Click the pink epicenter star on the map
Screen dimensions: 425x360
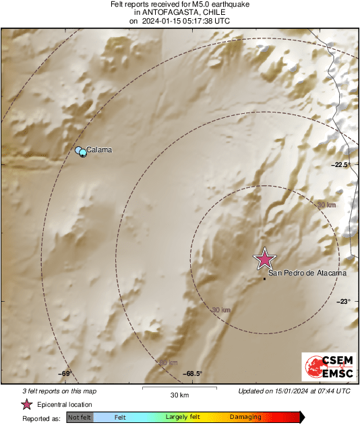pyautogui.click(x=264, y=259)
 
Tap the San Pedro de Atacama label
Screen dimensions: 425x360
pyautogui.click(x=307, y=273)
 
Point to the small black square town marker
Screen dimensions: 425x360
pyautogui.click(x=264, y=278)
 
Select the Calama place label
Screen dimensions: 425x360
pyautogui.click(x=98, y=150)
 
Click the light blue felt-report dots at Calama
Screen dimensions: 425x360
pyautogui.click(x=81, y=152)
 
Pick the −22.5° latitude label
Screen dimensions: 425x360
pyautogui.click(x=340, y=165)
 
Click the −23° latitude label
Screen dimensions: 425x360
pyautogui.click(x=344, y=302)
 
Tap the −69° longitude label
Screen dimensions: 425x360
pyautogui.click(x=65, y=373)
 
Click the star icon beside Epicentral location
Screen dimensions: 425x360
pyautogui.click(x=26, y=404)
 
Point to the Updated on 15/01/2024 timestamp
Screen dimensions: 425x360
pyautogui.click(x=294, y=391)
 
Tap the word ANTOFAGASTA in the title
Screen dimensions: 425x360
pyautogui.click(x=172, y=12)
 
